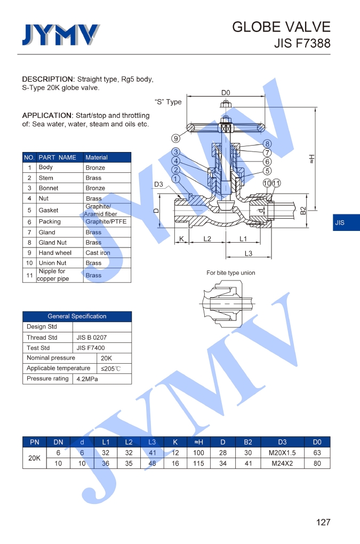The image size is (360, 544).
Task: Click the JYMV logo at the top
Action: (60, 35)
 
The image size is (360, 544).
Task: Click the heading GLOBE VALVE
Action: (281, 27)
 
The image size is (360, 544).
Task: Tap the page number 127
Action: (323, 522)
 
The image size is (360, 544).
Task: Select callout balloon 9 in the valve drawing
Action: (175, 139)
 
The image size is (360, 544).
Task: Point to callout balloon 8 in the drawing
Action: (267, 144)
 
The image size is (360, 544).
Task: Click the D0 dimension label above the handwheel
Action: (226, 93)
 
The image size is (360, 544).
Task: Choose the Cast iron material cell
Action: (97, 253)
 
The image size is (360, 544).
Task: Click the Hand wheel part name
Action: (55, 253)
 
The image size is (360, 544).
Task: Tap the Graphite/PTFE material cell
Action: (106, 222)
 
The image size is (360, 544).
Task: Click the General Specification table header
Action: (77, 316)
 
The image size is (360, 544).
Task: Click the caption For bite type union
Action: (231, 273)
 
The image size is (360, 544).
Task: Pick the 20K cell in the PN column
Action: (34, 458)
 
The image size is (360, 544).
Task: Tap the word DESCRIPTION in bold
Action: (47, 79)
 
